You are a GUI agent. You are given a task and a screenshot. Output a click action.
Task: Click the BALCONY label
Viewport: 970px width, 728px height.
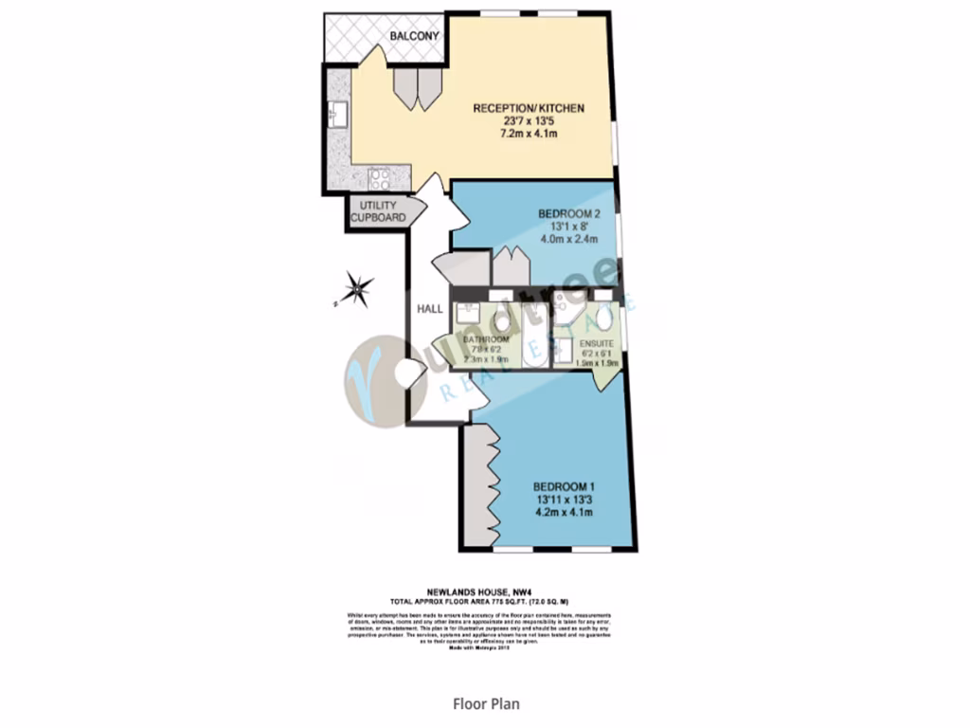pyautogui.click(x=414, y=36)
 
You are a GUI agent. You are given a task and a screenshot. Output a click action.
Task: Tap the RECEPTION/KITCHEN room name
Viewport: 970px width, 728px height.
pyautogui.click(x=529, y=109)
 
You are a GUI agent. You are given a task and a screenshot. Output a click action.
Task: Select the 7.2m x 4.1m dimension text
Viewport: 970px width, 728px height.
pyautogui.click(x=529, y=135)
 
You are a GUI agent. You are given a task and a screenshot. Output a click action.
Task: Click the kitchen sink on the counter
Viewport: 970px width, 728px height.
pyautogui.click(x=336, y=116)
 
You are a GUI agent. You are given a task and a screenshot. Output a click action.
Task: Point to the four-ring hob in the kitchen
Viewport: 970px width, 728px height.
pyautogui.click(x=380, y=177)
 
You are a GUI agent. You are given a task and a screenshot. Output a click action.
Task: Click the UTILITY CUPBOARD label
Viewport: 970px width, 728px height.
pyautogui.click(x=378, y=212)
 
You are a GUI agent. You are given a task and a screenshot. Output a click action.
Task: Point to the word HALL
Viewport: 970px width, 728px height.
pyautogui.click(x=431, y=308)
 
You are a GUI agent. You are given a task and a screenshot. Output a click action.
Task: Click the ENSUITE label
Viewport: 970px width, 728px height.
pyautogui.click(x=598, y=342)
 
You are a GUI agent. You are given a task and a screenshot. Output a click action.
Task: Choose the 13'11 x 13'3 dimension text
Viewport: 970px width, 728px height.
pyautogui.click(x=565, y=500)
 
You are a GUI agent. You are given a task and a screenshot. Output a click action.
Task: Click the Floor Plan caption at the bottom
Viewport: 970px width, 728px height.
pyautogui.click(x=485, y=704)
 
